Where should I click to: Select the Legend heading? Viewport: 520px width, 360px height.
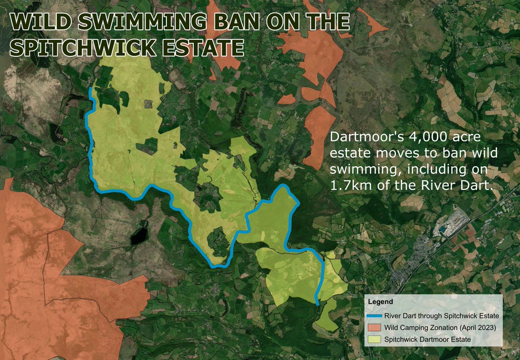(x=380, y=302)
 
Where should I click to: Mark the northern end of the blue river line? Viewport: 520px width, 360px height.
(x=90, y=89)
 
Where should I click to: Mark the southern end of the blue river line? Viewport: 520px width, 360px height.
(x=318, y=305)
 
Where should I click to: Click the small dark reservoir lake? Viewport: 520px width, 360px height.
(x=139, y=236)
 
